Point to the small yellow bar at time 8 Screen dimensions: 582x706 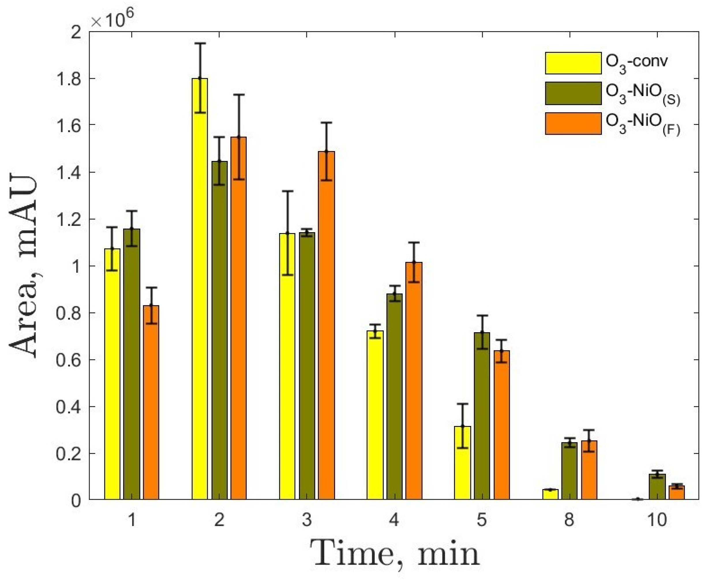[550, 495]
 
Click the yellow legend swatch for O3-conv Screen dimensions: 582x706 [573, 63]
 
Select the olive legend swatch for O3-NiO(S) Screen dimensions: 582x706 [573, 93]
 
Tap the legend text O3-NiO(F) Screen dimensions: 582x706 [642, 124]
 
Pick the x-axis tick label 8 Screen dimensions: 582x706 [569, 520]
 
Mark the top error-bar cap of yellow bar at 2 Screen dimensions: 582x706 [200, 43]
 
